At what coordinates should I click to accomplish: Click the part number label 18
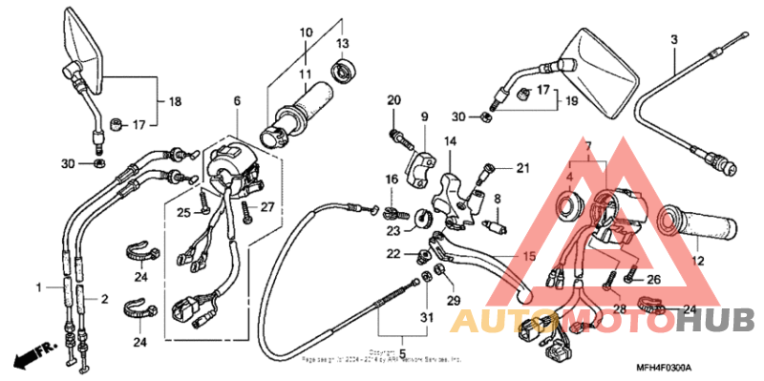tap(175, 101)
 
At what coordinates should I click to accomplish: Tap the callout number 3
tap(673, 39)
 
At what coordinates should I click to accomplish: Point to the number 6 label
tap(237, 100)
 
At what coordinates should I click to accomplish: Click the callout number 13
tap(342, 43)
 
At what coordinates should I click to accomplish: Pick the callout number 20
tap(393, 100)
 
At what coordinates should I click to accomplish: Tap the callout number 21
tap(522, 169)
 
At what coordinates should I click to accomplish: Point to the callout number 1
tap(39, 286)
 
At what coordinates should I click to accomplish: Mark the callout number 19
tap(573, 100)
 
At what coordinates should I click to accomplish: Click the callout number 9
tap(424, 117)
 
